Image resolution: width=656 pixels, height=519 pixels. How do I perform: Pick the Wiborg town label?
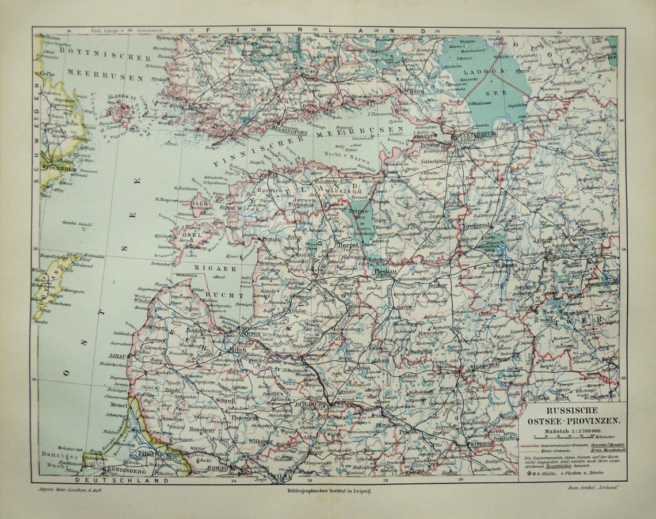pos(412,90)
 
